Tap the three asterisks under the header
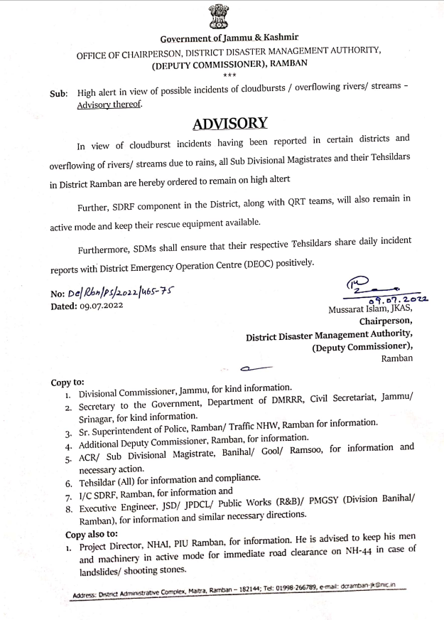click(229, 75)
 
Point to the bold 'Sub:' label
click(59, 94)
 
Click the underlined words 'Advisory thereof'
click(110, 105)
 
